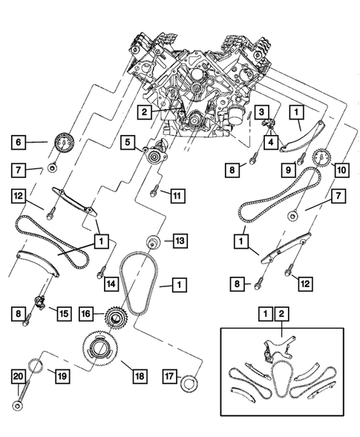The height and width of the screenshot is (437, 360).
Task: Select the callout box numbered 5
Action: point(127,141)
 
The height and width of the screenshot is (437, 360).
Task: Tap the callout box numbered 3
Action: point(261,112)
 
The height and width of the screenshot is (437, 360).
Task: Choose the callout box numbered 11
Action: point(176,196)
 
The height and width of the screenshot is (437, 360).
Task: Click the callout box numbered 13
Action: point(179,240)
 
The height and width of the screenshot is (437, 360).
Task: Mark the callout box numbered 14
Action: point(111,283)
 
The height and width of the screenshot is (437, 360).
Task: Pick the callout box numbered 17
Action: point(169,378)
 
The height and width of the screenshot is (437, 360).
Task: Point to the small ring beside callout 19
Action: point(34,366)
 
